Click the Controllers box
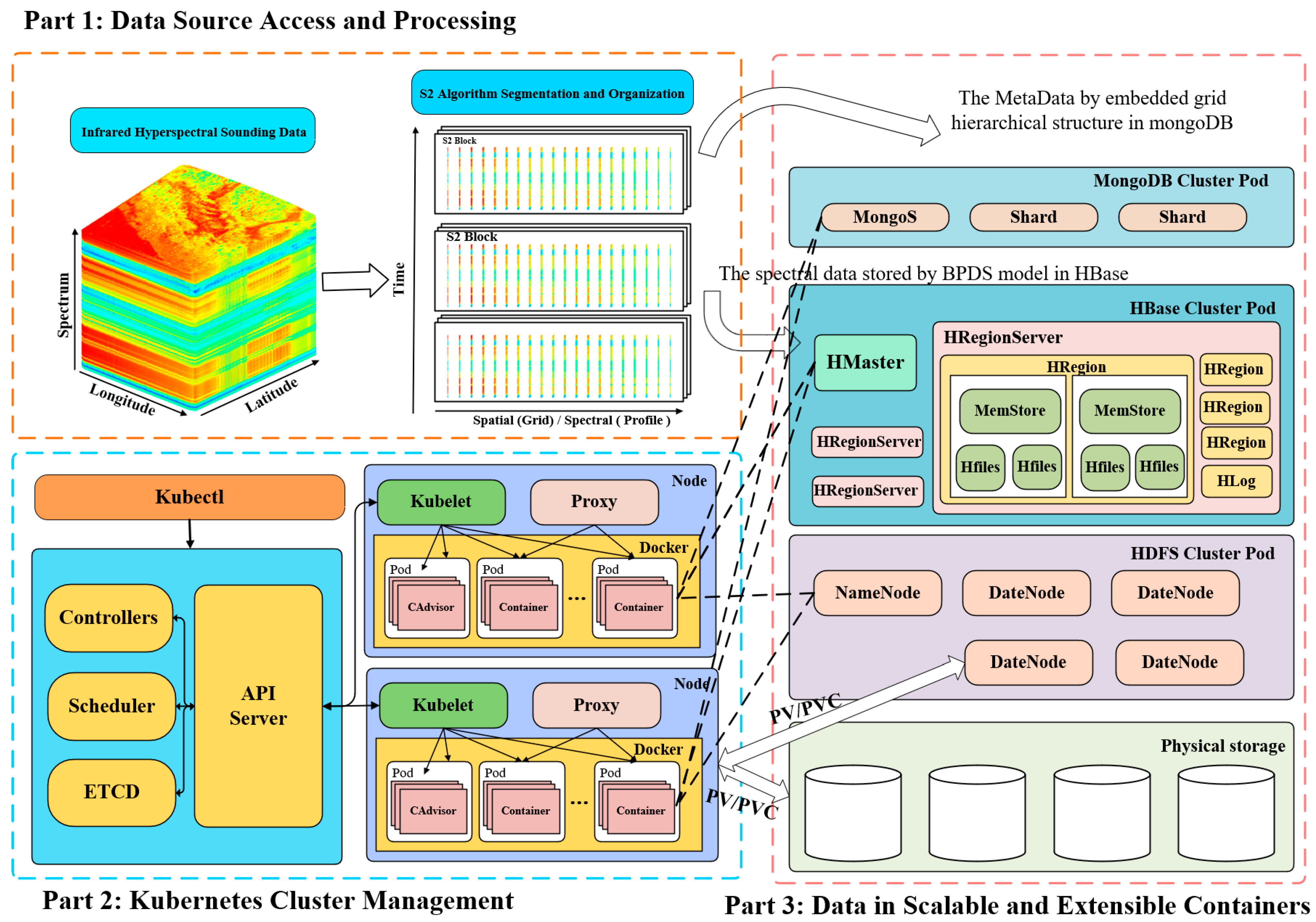(108, 617)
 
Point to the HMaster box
(865, 362)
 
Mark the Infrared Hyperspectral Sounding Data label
(193, 131)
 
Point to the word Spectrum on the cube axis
(63, 305)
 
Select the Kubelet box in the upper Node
(441, 502)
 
